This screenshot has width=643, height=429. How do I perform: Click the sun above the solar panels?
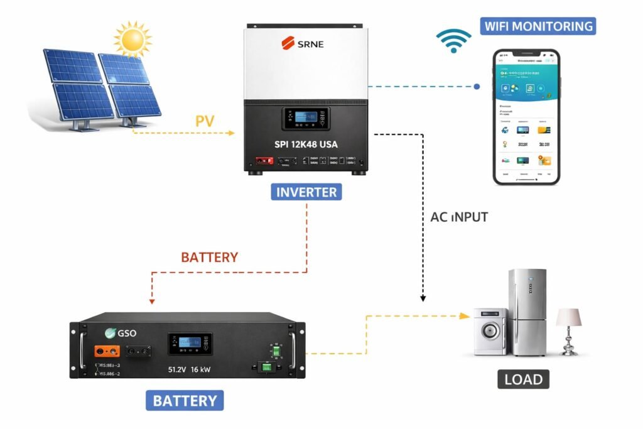coord(133,38)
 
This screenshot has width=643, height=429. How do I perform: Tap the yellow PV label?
coord(205,121)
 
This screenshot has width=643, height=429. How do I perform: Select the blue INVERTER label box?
coord(306,192)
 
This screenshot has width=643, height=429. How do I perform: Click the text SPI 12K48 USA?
coord(306,144)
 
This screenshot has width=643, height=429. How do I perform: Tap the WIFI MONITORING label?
coord(538,26)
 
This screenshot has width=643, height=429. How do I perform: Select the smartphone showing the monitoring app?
coord(526,117)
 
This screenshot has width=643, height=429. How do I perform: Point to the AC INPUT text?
coord(459,217)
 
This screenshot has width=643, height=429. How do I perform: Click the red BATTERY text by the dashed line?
coord(210,258)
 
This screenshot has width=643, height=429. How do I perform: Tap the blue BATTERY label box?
coord(185,400)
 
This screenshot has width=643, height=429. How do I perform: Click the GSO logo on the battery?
coord(121,333)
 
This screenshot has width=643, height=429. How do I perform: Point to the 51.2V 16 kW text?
coord(188,369)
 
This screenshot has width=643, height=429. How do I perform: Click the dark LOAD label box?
coord(523,379)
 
